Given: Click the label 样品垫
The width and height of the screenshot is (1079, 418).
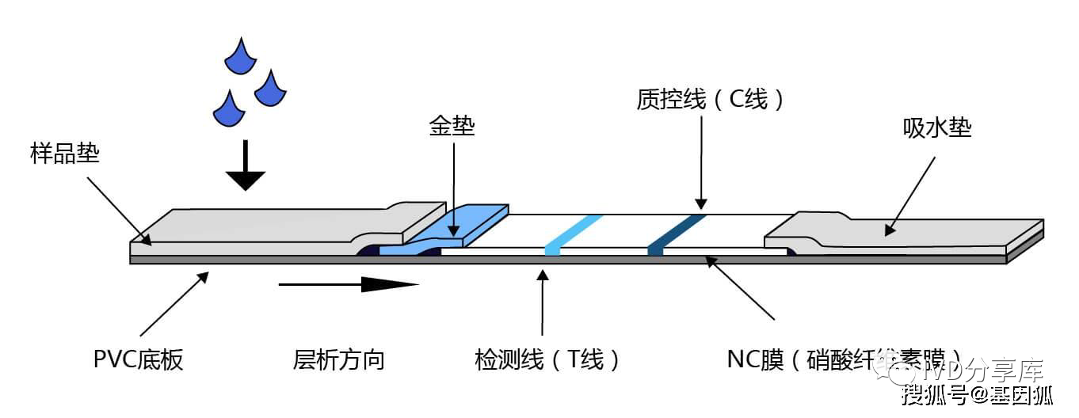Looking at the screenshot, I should [65, 153].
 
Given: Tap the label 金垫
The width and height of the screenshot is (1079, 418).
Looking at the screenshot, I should [452, 126].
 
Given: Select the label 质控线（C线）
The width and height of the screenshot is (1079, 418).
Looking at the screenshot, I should [711, 99].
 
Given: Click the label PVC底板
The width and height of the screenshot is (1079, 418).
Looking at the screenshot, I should [138, 360].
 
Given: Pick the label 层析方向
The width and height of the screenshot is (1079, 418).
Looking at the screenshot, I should [338, 360].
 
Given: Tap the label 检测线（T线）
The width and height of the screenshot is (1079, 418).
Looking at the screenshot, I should [547, 360].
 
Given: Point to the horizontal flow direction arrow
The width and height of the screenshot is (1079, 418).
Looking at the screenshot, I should [348, 283].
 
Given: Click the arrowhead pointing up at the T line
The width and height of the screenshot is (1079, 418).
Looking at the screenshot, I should [543, 275].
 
